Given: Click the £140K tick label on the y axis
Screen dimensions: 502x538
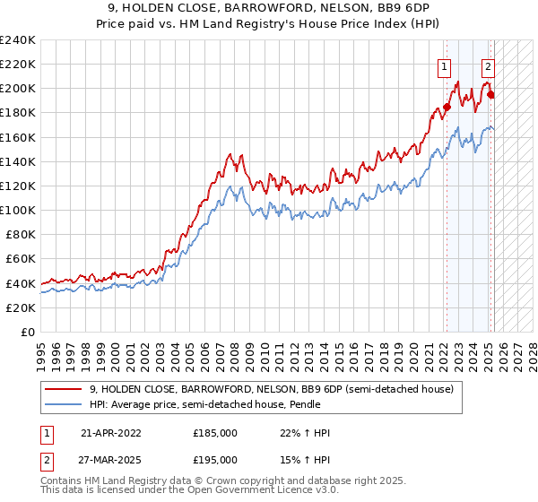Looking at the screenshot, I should click(x=18, y=161).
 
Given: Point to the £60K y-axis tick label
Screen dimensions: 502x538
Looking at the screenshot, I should click(x=21, y=258).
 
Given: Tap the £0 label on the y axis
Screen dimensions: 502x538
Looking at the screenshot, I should click(x=27, y=332).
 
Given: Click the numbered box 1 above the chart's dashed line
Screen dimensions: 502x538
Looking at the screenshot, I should click(x=444, y=65).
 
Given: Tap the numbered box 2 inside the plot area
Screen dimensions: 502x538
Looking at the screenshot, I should click(x=488, y=65).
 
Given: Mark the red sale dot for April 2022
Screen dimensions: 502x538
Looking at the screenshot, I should click(x=447, y=108).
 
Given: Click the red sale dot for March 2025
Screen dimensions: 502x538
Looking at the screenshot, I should click(x=490, y=95).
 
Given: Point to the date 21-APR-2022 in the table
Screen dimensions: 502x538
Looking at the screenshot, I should click(x=111, y=433).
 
